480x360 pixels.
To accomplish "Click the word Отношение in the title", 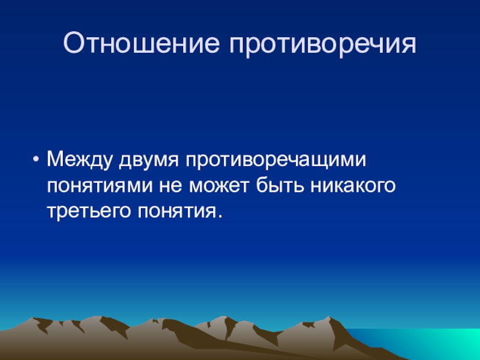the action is [142, 43].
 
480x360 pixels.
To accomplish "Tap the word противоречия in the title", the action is [323, 44].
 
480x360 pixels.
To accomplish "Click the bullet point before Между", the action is [36, 160].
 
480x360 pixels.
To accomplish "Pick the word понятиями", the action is [100, 186].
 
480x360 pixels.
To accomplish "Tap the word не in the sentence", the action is [170, 186].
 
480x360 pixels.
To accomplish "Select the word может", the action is [219, 186].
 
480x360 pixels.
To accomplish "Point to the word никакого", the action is [353, 186].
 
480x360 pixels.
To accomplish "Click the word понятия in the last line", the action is [175, 211].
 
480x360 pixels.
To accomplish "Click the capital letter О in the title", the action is [74, 43].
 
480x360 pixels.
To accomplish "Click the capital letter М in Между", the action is [56, 160].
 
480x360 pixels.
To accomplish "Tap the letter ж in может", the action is [219, 186].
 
